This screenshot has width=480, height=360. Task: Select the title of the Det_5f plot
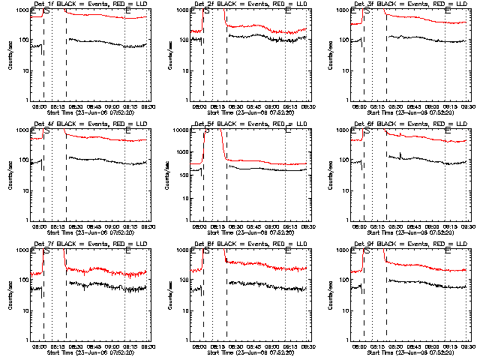pyautogui.click(x=243, y=125)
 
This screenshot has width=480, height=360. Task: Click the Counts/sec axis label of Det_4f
pyautogui.click(x=10, y=175)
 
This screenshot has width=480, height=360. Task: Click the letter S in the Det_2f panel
pyautogui.click(x=207, y=12)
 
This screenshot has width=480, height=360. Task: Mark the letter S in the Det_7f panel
pyautogui.click(x=46, y=252)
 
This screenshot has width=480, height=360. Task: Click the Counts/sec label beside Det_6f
pyautogui.click(x=331, y=175)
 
